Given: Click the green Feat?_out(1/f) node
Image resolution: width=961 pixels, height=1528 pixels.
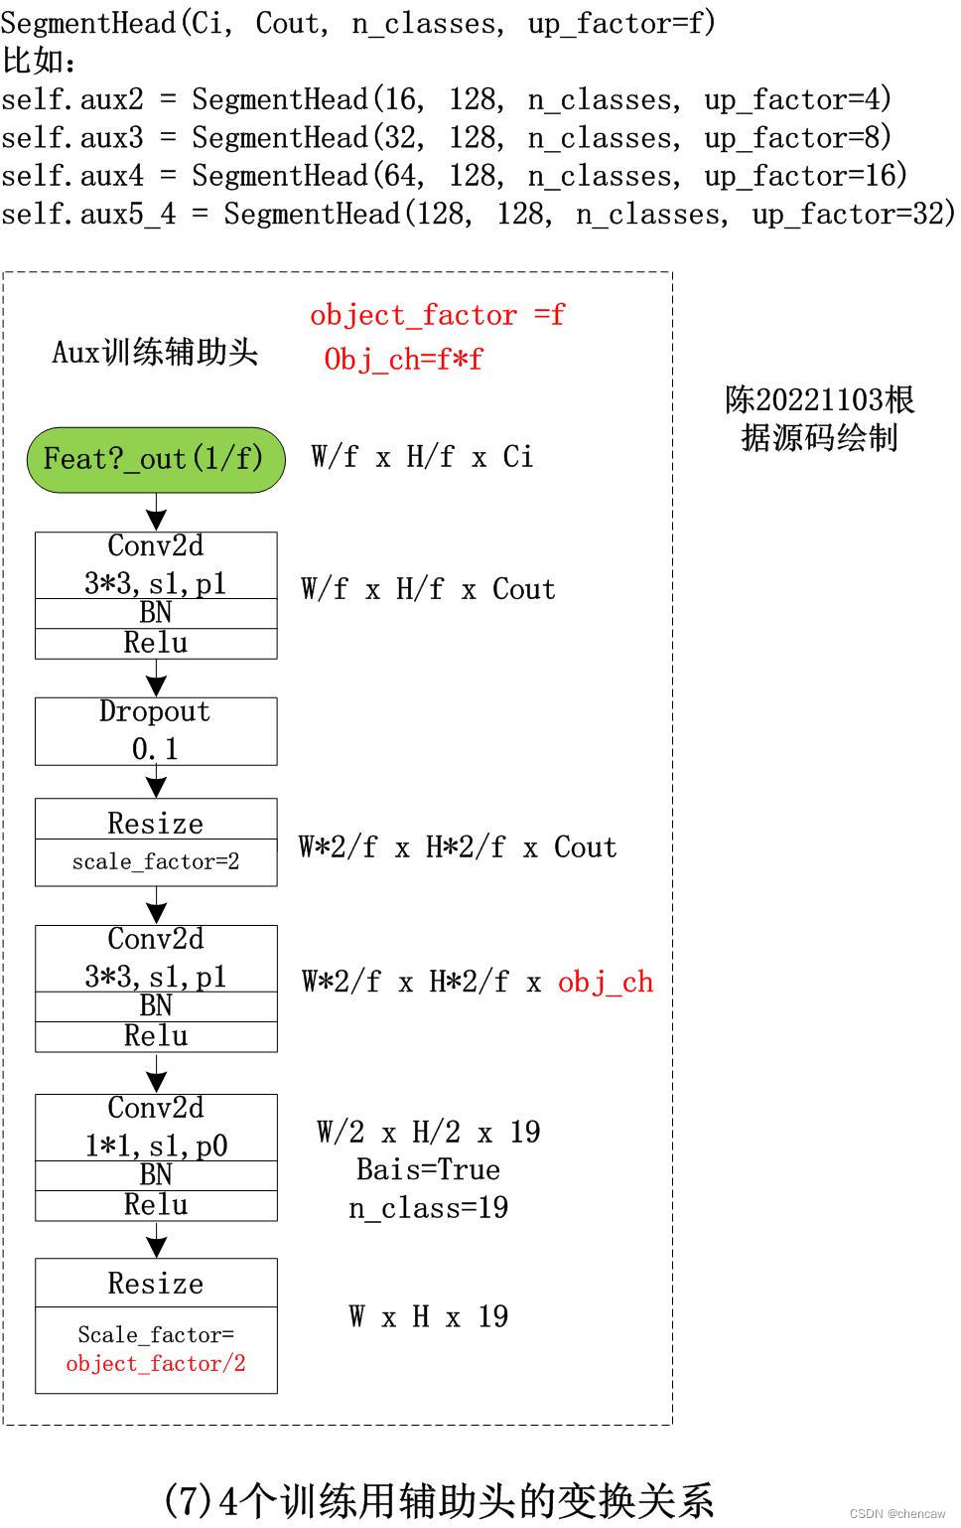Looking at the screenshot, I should click(x=156, y=459).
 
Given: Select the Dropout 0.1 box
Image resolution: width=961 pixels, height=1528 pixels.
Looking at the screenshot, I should click(x=156, y=730).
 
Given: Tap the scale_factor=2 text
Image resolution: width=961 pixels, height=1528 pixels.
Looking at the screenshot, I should click(x=156, y=861).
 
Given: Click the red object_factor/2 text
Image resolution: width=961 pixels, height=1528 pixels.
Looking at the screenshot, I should click(x=156, y=1363).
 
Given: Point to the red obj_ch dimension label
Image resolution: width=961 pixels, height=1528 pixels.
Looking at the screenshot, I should click(x=606, y=983).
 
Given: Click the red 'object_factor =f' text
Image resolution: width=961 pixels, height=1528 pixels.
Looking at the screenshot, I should click(x=437, y=315).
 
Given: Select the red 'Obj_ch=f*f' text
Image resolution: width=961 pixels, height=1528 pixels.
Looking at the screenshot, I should click(x=403, y=359).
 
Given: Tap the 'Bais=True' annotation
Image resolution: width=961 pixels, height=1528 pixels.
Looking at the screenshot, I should click(x=428, y=1169).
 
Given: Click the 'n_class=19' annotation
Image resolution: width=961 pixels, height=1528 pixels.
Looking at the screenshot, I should click(x=428, y=1207).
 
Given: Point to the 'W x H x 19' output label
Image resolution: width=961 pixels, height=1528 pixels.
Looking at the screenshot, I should click(x=428, y=1316).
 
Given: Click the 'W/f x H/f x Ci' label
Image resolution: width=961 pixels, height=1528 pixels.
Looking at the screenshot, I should click(x=422, y=457).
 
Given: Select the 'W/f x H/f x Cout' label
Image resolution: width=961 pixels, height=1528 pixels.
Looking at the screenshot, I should click(x=428, y=589).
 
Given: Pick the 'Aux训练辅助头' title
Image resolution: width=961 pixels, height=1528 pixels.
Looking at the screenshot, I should click(x=155, y=352).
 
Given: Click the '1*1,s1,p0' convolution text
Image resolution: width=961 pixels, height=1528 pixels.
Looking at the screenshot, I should click(x=156, y=1146).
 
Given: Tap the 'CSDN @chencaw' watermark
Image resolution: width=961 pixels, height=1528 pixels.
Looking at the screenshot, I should click(x=897, y=1513).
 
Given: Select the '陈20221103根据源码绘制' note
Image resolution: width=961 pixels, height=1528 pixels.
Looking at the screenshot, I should click(x=819, y=418).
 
